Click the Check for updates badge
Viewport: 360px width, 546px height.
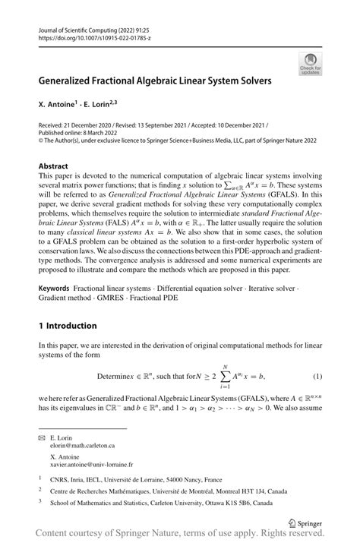(311, 64)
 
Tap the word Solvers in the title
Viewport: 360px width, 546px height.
(250, 79)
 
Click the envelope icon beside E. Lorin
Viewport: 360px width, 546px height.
(42, 438)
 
